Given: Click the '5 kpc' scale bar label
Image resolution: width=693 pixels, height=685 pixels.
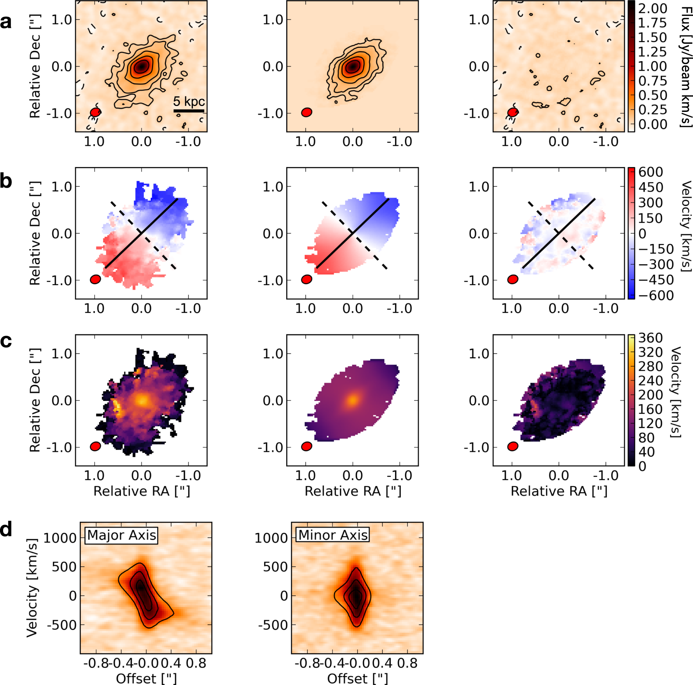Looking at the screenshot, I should pos(189,101).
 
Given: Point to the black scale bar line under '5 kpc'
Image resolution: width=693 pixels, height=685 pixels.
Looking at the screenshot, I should pos(189,111).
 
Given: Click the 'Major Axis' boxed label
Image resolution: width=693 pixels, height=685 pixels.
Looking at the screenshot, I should pos(122,535).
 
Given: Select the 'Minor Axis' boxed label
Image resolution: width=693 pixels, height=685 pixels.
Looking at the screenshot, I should pos(333,535).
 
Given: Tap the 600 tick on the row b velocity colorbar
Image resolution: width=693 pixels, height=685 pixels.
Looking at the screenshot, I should pos(651,172).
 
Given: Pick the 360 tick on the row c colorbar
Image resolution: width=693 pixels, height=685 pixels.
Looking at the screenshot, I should pos(650,338).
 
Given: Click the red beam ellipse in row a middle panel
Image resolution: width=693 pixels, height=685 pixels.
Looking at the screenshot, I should pos(307,112).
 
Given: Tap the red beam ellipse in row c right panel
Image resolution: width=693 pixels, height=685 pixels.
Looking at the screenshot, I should pos(513,446).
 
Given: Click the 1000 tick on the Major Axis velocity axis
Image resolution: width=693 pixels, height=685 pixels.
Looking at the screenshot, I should pos(60,538).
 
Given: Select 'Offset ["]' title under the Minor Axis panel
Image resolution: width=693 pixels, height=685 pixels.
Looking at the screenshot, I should pos(357,678).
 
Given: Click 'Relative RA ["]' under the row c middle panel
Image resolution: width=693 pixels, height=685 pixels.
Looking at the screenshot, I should pos(353,491).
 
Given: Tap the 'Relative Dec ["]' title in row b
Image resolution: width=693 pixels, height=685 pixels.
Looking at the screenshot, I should pos(35,233).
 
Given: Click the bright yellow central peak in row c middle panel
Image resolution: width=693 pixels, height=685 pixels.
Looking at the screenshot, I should pos(353,400).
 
